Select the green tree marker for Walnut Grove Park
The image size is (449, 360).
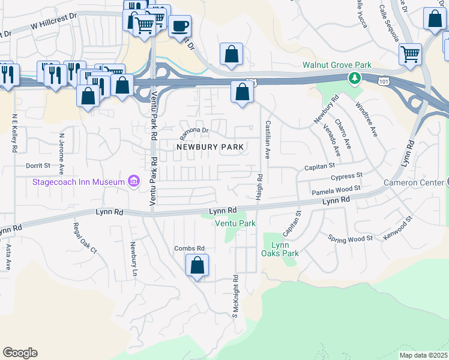(x=355, y=77)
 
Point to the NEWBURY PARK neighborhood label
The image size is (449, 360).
(x=209, y=147)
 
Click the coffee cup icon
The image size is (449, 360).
(x=179, y=27)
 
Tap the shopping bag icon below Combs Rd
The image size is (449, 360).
(x=197, y=265)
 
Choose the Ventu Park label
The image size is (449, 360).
(x=236, y=223)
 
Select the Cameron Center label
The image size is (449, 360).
(x=414, y=182)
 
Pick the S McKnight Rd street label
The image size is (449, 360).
(x=236, y=296)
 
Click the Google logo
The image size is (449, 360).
(x=20, y=353)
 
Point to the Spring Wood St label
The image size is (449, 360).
(x=351, y=238)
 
